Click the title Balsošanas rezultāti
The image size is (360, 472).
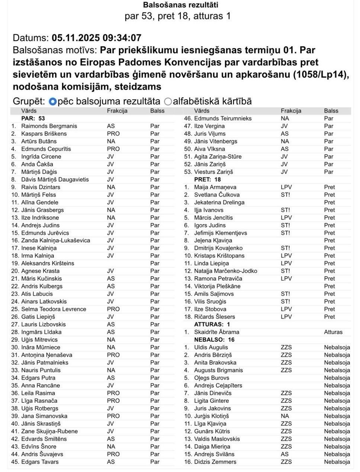click(180, 5)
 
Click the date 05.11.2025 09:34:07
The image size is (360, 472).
click(96, 38)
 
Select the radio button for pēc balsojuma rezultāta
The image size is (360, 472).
click(52, 101)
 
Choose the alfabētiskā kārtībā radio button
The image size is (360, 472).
click(168, 101)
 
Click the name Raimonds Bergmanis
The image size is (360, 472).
click(49, 126)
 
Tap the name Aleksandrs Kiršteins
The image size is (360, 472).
click(48, 264)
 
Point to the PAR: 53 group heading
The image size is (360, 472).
click(33, 118)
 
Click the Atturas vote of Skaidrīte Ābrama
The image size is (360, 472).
click(333, 332)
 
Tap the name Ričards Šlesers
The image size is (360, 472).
click(215, 317)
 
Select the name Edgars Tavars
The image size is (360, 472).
click(40, 462)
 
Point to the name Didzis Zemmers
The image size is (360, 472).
click(215, 462)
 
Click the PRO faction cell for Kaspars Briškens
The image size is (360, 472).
click(113, 134)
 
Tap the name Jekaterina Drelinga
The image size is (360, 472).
click(219, 202)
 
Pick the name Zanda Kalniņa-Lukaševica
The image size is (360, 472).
click(55, 240)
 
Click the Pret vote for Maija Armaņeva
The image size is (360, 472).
click(329, 187)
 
